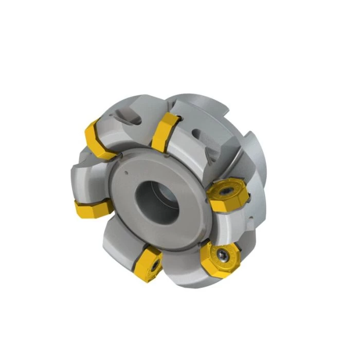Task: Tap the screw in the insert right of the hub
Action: point(227,191)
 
